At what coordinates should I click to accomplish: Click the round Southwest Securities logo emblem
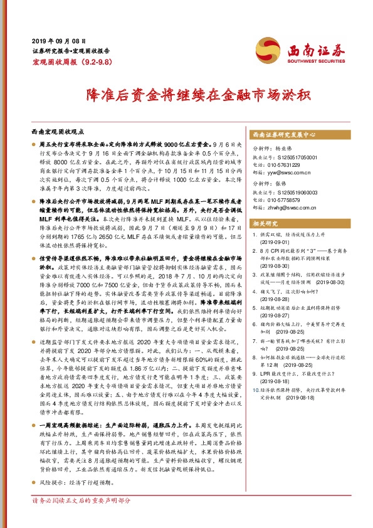pos(267,50)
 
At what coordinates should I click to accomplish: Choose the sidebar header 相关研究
pos(265,223)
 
